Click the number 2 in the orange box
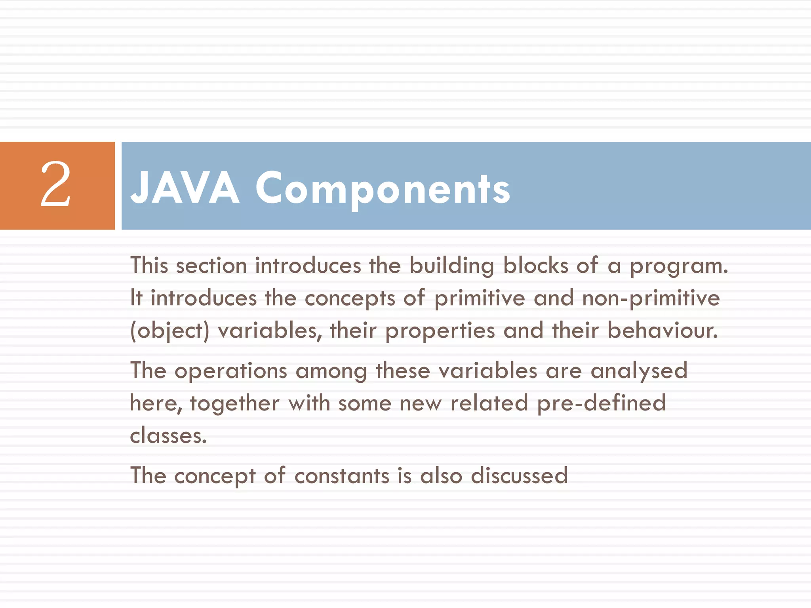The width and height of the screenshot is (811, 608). pyautogui.click(x=56, y=184)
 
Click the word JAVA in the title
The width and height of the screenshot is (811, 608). pyautogui.click(x=185, y=188)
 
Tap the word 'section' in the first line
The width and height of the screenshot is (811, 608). pyautogui.click(x=211, y=265)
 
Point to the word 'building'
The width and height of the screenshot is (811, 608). pyautogui.click(x=451, y=266)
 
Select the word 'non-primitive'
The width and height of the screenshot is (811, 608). pyautogui.click(x=651, y=298)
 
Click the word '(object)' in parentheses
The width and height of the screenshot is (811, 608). pyautogui.click(x=169, y=331)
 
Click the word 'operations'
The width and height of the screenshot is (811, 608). pyautogui.click(x=230, y=371)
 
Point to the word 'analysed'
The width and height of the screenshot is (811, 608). pyautogui.click(x=639, y=371)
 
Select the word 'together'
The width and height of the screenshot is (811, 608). pyautogui.click(x=234, y=404)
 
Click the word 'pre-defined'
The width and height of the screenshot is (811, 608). pyautogui.click(x=601, y=404)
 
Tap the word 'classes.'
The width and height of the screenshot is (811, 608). pyautogui.click(x=168, y=436)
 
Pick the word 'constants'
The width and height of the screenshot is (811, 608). pyautogui.click(x=342, y=475)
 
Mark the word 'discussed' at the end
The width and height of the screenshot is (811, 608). pyautogui.click(x=519, y=475)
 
